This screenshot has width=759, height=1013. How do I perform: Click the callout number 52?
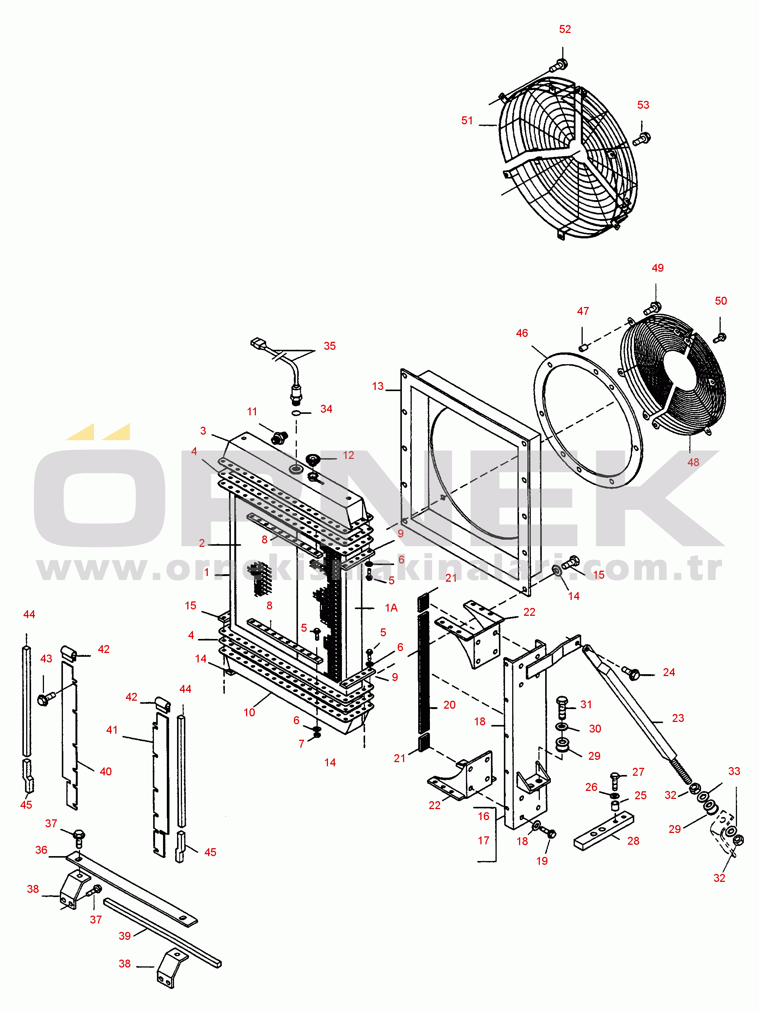coord(565,29)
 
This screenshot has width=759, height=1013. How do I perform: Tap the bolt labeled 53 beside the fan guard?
coord(642,138)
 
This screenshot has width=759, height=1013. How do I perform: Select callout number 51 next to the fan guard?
coord(467,121)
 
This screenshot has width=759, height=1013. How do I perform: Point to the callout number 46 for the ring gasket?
coord(522,333)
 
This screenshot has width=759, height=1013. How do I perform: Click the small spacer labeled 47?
coord(583,348)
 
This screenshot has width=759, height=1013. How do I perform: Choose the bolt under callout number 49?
coord(653,308)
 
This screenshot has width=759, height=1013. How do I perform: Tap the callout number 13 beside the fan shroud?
coord(378,387)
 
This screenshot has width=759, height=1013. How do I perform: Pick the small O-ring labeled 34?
coord(296,413)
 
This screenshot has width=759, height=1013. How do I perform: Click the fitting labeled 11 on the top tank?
coord(279,437)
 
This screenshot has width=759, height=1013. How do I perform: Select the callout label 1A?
coord(391,608)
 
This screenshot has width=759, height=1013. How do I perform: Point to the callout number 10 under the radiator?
coord(249,712)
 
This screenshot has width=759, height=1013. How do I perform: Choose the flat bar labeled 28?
coord(604,830)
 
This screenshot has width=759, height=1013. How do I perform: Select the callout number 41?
coord(112,730)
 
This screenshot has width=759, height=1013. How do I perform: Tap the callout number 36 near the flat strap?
coord(41,850)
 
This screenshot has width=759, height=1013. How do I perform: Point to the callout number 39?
coord(125,936)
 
